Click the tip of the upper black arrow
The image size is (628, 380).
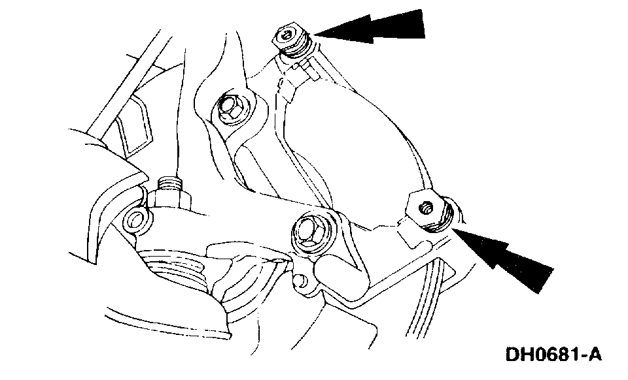[x=315, y=33]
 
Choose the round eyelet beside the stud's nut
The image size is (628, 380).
[x=138, y=219]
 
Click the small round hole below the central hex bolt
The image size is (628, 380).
[x=300, y=281]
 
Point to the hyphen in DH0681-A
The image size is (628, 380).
[x=581, y=356]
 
